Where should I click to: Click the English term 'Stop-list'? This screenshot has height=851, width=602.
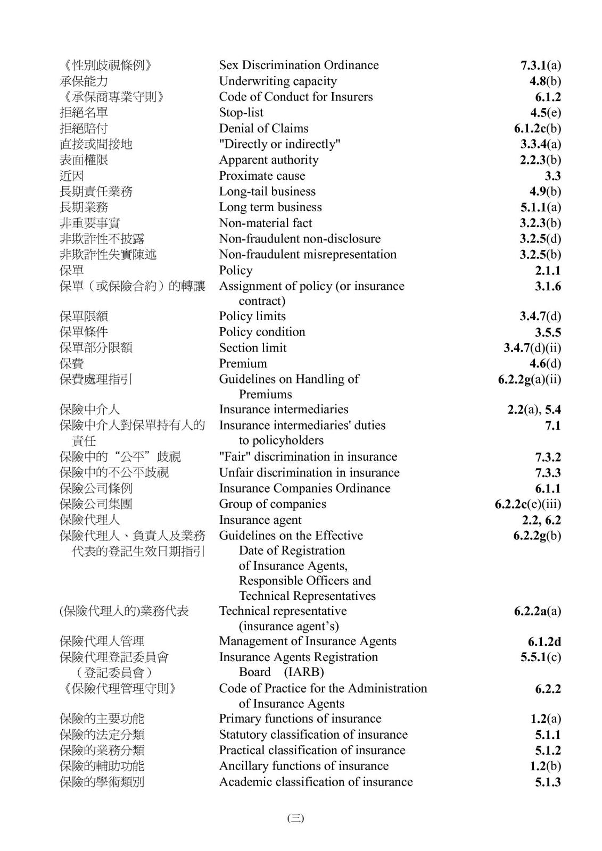[241, 113]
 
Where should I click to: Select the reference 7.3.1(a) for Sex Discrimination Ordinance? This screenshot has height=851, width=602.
[540, 65]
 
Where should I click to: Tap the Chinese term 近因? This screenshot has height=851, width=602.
[72, 176]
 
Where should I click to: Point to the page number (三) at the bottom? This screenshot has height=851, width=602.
[295, 818]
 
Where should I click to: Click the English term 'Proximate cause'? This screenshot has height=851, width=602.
[262, 176]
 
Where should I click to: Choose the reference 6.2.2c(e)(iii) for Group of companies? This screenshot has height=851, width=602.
[527, 504]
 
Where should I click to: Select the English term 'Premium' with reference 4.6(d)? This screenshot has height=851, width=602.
[243, 364]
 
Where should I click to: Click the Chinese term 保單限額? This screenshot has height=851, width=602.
[84, 316]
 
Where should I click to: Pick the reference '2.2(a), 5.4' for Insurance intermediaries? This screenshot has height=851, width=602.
[534, 410]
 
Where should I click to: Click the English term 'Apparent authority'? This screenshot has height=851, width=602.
[269, 160]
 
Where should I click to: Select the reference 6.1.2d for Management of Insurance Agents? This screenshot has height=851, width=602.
[544, 641]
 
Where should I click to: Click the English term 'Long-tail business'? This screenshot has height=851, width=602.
[267, 191]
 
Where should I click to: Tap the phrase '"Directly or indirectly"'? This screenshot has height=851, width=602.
[279, 144]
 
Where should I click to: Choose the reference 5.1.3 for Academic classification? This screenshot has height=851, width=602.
[548, 782]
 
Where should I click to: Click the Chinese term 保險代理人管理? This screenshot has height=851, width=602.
[102, 641]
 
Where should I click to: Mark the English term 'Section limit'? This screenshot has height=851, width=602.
[253, 348]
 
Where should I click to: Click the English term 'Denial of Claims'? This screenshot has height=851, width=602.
[263, 129]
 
